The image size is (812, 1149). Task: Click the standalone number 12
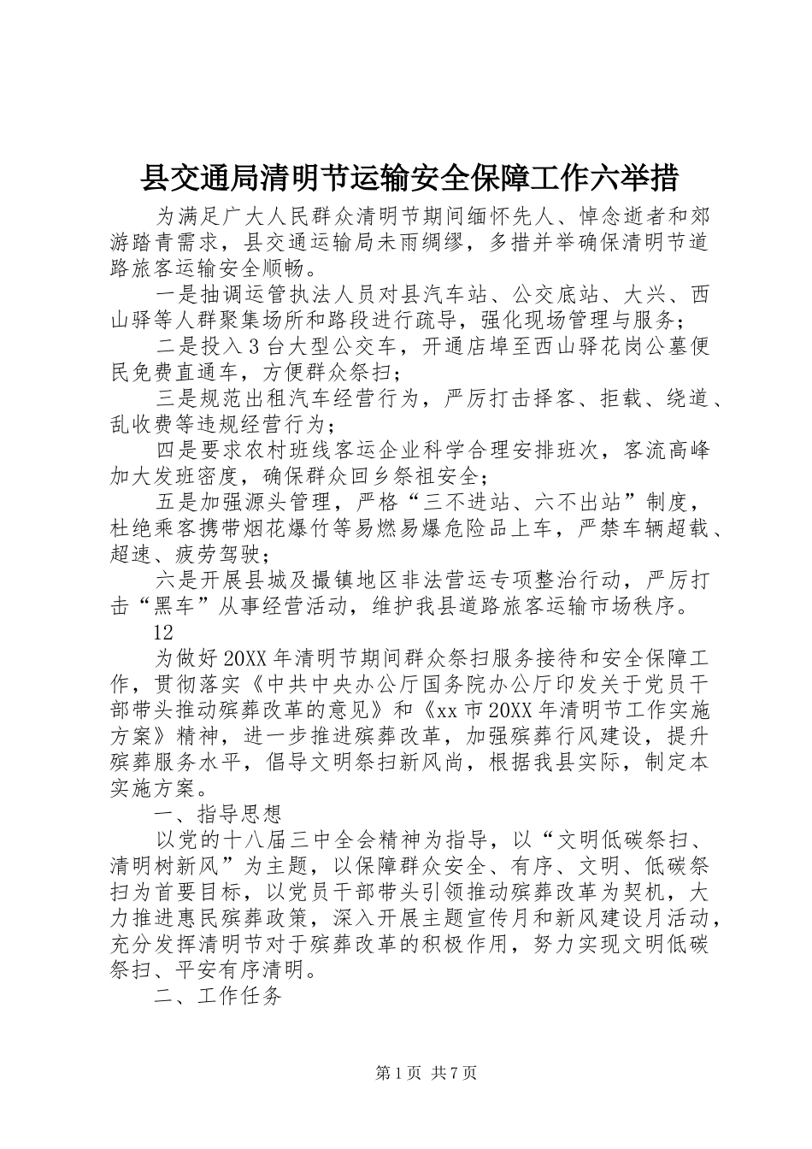tap(163, 632)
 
